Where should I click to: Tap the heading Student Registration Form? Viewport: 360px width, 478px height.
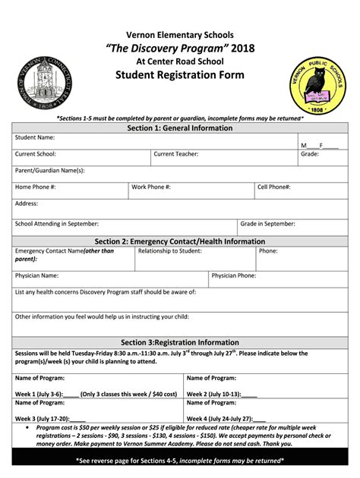click(x=179, y=74)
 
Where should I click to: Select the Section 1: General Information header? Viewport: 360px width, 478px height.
click(x=179, y=128)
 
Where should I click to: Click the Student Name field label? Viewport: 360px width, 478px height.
click(x=35, y=137)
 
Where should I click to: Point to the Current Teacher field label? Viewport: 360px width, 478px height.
click(x=176, y=154)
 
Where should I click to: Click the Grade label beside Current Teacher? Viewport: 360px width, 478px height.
click(x=309, y=154)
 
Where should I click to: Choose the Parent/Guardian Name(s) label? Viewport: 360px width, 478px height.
click(x=50, y=171)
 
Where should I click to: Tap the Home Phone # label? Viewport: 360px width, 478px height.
click(x=36, y=187)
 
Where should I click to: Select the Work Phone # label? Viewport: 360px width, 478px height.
click(x=151, y=187)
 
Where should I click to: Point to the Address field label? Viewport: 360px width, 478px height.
click(x=27, y=203)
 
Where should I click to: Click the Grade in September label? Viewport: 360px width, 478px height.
click(x=268, y=224)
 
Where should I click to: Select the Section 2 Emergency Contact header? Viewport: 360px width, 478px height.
click(x=179, y=241)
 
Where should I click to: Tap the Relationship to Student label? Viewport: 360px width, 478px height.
click(x=169, y=250)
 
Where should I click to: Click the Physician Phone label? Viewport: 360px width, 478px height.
click(x=233, y=275)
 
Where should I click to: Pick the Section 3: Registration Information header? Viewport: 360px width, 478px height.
click(x=179, y=342)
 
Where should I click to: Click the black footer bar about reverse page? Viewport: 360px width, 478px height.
click(x=179, y=460)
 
